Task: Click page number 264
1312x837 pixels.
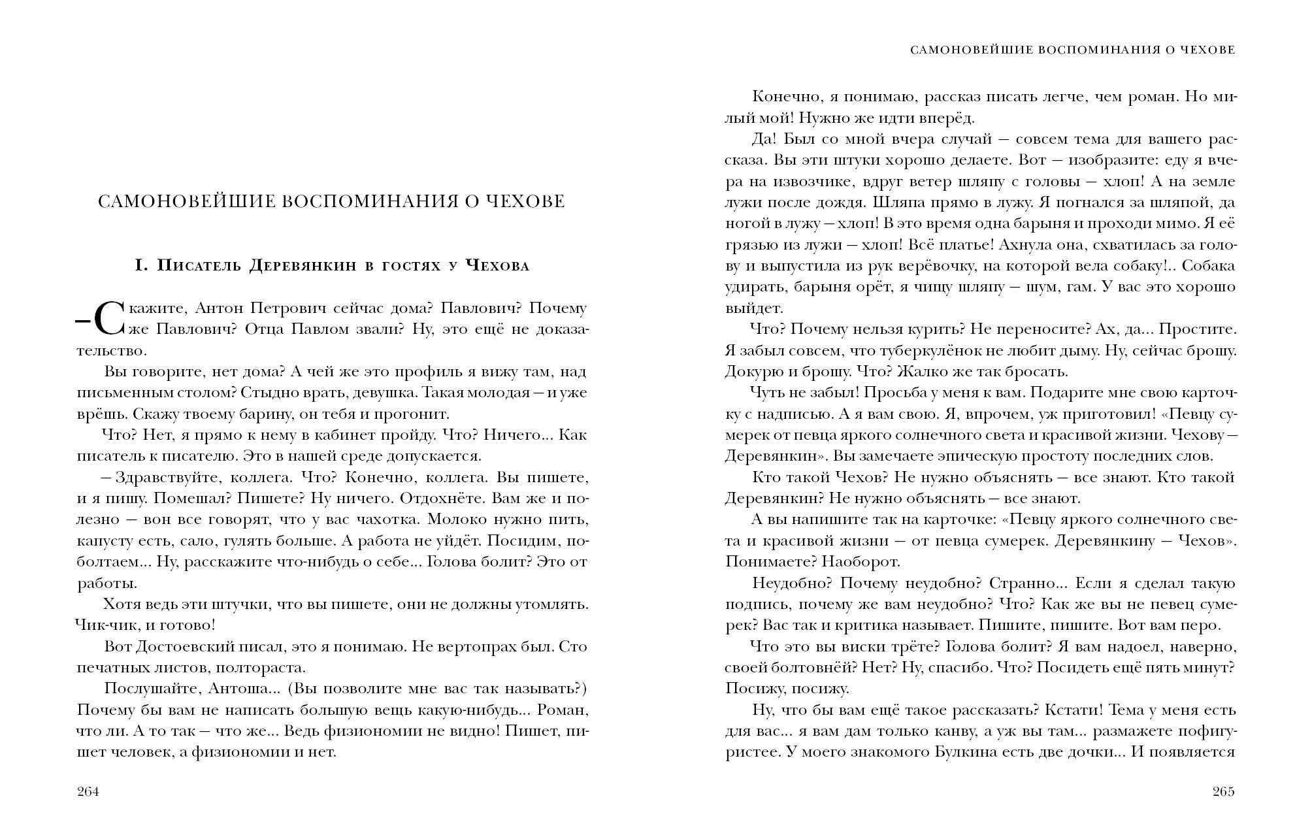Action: click(x=88, y=792)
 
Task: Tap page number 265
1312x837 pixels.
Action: click(x=1223, y=792)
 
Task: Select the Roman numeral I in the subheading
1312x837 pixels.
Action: click(x=139, y=265)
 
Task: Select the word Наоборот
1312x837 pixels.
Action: click(x=861, y=562)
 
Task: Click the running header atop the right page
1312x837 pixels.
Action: click(x=1072, y=50)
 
